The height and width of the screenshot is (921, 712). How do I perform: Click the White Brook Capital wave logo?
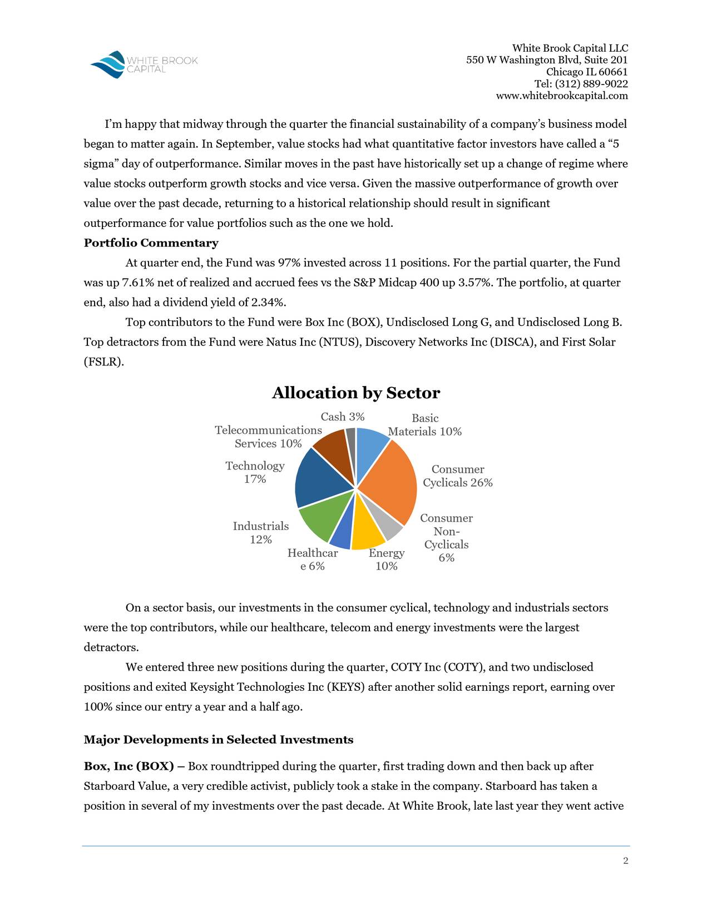tap(109, 65)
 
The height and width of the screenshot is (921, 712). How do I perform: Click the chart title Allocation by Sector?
tap(355, 393)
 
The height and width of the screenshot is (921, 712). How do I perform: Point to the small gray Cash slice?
tap(351, 439)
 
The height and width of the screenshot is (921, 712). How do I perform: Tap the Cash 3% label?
tap(343, 417)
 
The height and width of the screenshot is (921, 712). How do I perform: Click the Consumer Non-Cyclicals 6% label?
tap(446, 538)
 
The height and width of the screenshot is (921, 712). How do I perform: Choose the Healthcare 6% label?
tap(313, 559)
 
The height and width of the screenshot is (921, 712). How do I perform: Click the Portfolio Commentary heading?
tap(151, 243)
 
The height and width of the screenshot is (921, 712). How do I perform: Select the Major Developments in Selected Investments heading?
tap(218, 740)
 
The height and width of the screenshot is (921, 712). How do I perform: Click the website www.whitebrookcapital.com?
tap(562, 96)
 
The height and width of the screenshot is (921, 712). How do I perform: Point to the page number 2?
tap(625, 861)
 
